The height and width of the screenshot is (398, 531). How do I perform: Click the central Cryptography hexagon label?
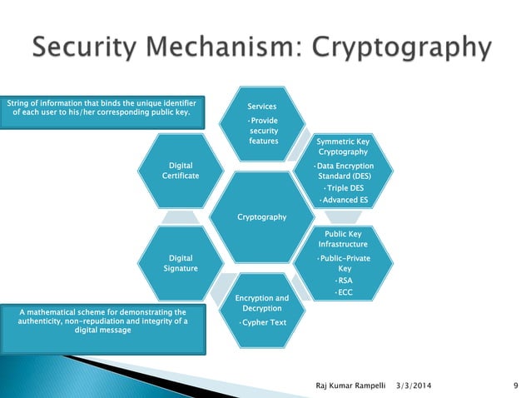click(x=262, y=217)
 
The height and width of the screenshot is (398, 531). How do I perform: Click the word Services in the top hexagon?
click(x=262, y=107)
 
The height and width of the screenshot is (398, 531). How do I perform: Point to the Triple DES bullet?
click(x=343, y=188)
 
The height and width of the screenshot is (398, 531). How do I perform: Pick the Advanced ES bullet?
click(x=343, y=200)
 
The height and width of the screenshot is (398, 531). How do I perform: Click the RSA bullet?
click(x=344, y=281)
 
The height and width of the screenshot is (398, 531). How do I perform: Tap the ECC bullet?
click(x=344, y=292)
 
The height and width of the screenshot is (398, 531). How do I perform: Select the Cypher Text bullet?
click(x=262, y=322)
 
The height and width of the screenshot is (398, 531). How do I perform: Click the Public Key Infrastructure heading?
click(x=343, y=240)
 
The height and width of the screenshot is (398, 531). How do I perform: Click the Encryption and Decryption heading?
click(x=262, y=303)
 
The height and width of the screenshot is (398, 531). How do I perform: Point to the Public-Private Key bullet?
click(x=344, y=264)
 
